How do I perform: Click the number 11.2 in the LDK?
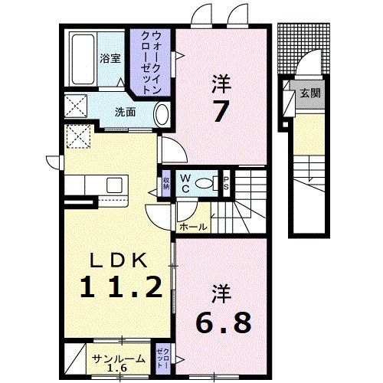pyautogui.click(x=122, y=286)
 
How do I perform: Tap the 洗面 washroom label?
pyautogui.click(x=126, y=112)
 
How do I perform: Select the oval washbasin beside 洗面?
pyautogui.click(x=162, y=115)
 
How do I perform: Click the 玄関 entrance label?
pyautogui.click(x=309, y=93)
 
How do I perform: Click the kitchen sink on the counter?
pyautogui.click(x=115, y=185)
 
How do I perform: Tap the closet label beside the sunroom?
pyautogui.click(x=162, y=358)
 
